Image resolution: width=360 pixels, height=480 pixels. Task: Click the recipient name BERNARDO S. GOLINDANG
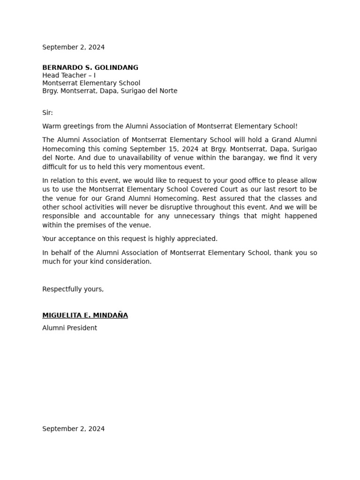point(90,67)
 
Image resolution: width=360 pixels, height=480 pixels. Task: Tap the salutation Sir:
point(47,113)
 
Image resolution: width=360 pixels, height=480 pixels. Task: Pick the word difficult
point(55,167)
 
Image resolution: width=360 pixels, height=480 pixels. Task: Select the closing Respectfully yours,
point(73,289)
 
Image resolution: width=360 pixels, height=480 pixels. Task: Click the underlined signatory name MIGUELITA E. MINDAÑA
point(85,315)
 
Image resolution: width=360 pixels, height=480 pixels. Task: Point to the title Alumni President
point(69,328)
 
